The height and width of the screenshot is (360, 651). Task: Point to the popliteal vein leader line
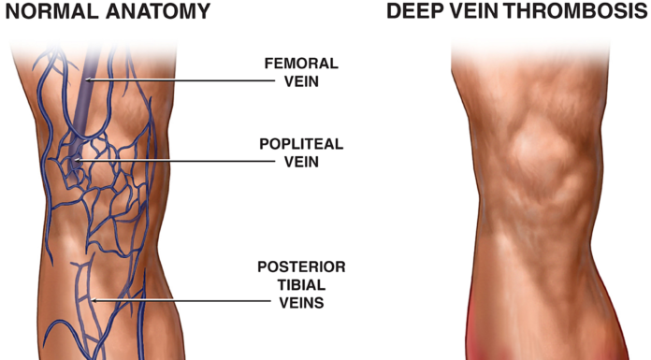click(x=168, y=161)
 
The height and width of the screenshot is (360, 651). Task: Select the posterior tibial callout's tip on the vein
click(x=93, y=300)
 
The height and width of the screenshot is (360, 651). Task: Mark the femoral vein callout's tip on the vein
click(x=87, y=80)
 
